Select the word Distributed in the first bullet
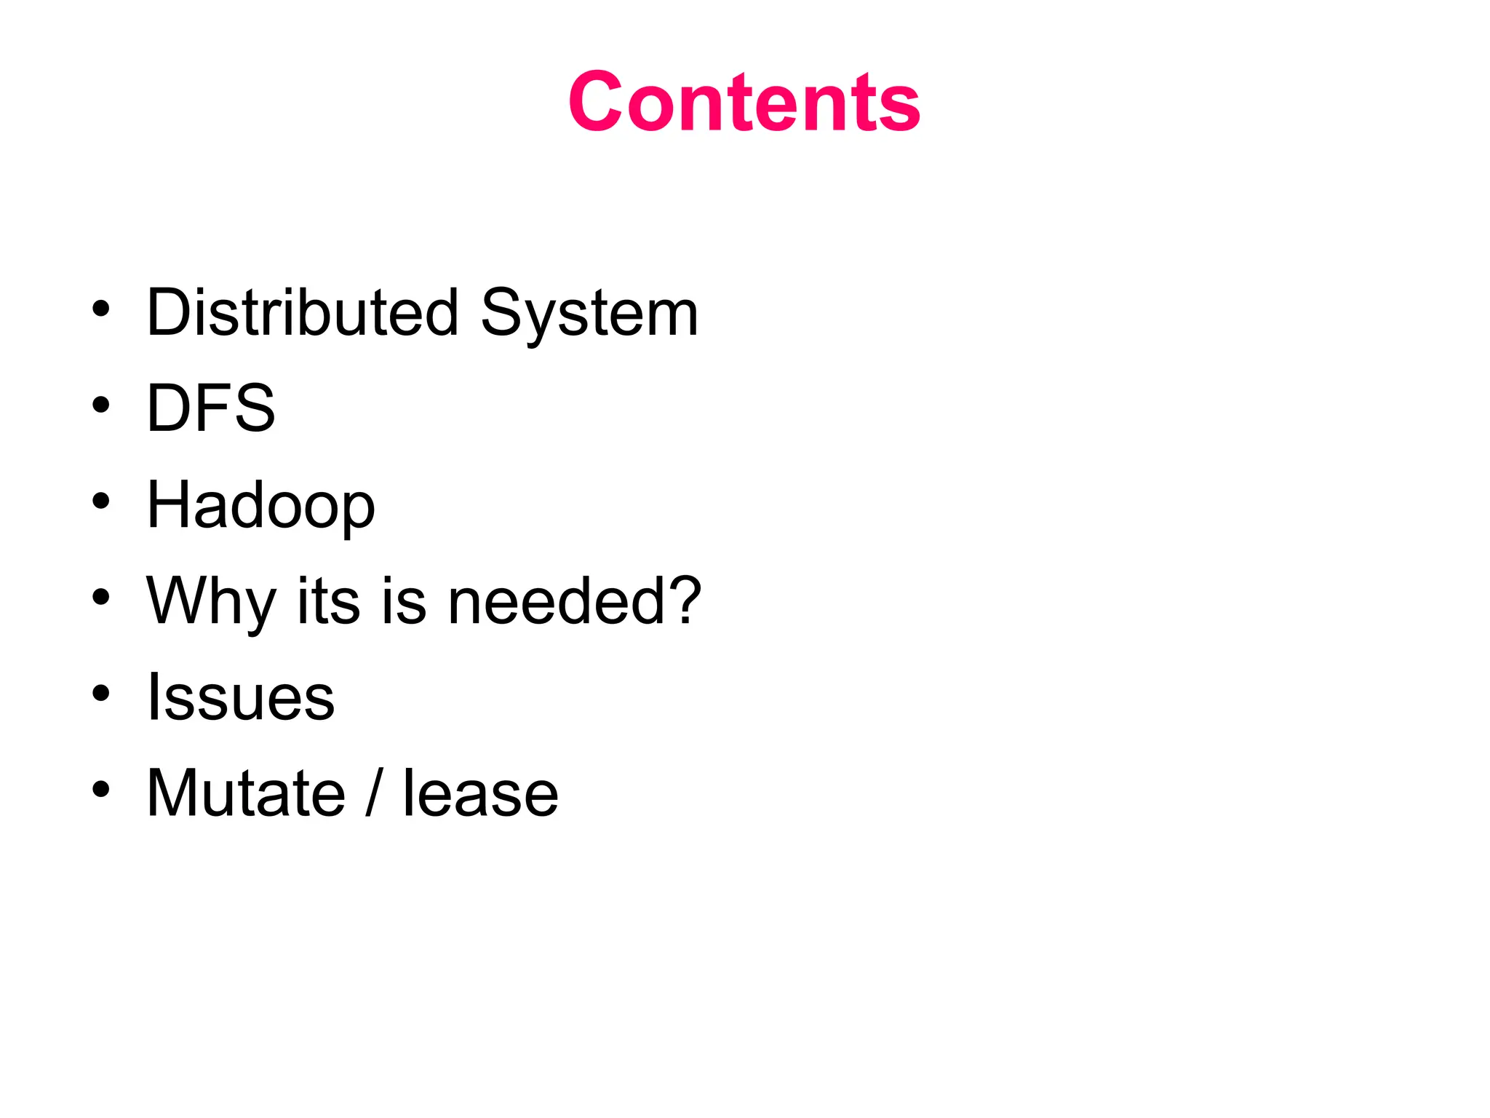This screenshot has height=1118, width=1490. (x=303, y=313)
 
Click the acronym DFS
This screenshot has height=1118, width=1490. (x=211, y=408)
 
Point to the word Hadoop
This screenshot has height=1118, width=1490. (x=260, y=506)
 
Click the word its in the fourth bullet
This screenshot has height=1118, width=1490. (x=329, y=601)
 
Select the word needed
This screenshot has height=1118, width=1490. (x=556, y=601)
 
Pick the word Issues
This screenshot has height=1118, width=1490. (x=240, y=697)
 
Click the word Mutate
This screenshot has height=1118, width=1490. (x=246, y=793)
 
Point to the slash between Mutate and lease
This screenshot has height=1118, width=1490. (x=373, y=793)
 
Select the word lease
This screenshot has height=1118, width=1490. (x=480, y=793)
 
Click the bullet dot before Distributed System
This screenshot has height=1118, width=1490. (x=101, y=309)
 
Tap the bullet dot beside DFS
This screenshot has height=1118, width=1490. (x=101, y=405)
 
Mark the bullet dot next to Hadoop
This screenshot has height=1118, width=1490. (x=101, y=501)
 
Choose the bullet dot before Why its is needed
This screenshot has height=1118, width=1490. (x=101, y=597)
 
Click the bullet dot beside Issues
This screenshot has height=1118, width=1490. (x=101, y=693)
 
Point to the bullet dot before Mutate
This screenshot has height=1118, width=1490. (x=101, y=789)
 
